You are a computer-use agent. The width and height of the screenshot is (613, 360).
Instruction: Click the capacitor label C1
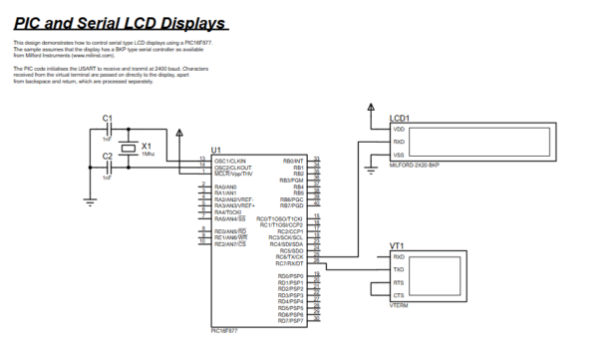coord(109,119)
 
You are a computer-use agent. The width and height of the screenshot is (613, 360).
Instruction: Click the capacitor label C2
coord(109,155)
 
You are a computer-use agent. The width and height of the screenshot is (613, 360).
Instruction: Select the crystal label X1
coord(147,146)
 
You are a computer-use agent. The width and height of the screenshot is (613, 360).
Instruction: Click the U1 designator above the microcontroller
coord(216,149)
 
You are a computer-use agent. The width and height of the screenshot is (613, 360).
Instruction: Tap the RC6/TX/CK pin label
coord(288,256)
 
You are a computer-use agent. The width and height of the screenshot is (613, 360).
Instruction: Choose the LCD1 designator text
coord(399,119)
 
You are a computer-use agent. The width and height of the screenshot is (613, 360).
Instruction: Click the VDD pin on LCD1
coord(399,130)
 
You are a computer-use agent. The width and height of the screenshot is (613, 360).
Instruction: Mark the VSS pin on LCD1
coord(399,155)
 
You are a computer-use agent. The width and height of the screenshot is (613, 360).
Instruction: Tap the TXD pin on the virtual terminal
coord(399,270)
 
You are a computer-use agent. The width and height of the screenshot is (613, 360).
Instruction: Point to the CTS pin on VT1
coord(399,296)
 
